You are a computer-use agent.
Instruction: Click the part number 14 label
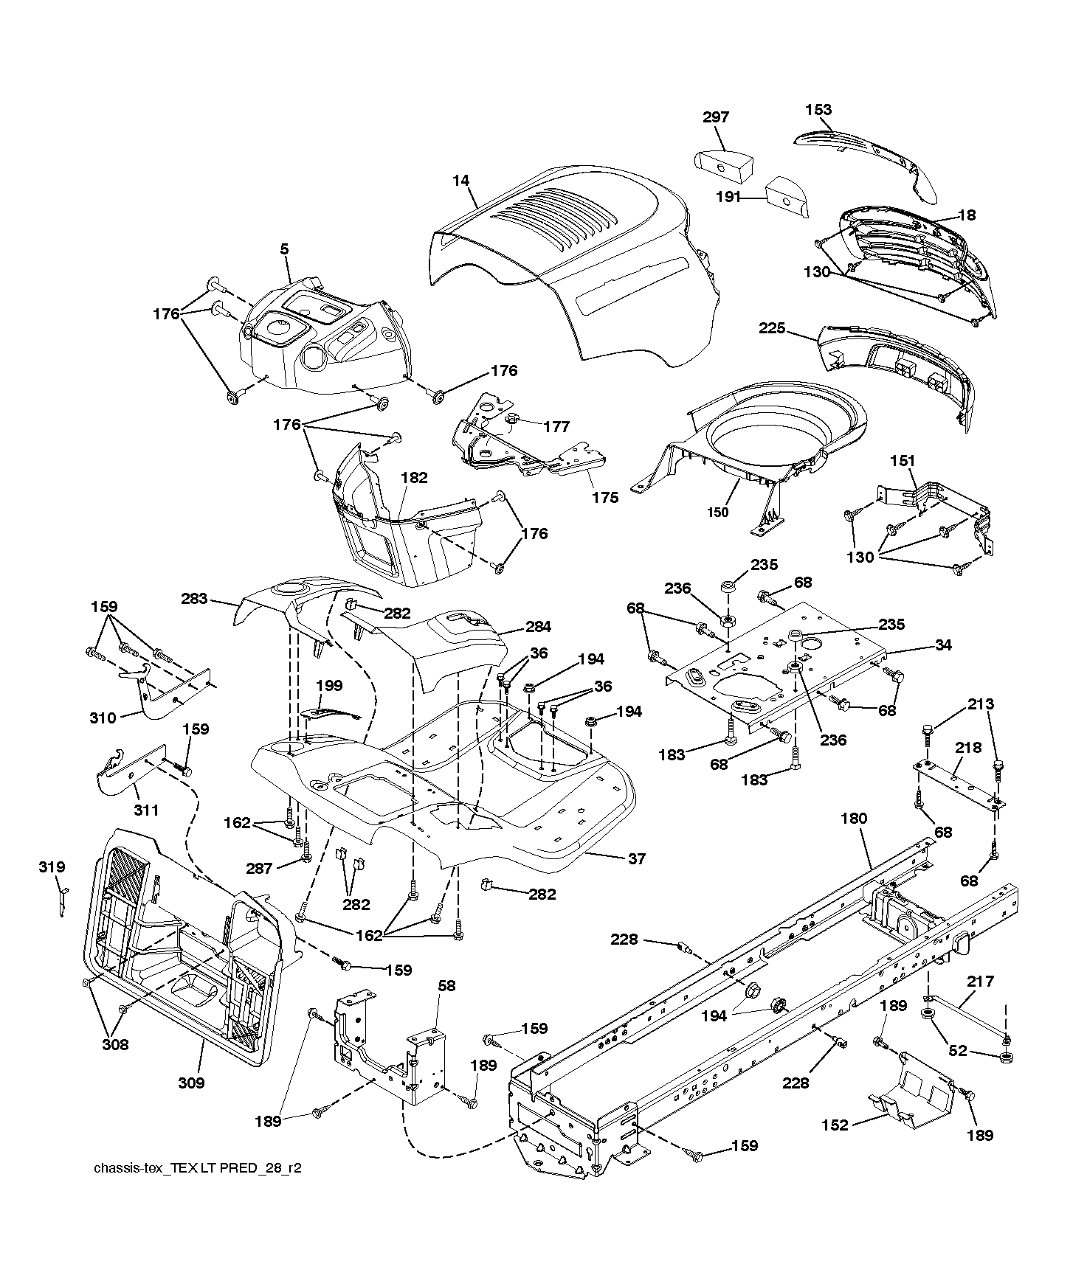[462, 181]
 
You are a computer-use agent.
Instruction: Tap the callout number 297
[716, 117]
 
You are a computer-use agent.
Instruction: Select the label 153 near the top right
[818, 109]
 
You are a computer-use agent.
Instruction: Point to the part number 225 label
[773, 328]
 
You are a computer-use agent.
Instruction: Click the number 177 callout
[556, 426]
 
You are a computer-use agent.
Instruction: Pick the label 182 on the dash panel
[414, 477]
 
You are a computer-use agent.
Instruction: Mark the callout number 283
[194, 599]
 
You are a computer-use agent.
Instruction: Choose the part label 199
[329, 685]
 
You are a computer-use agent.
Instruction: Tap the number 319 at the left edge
[52, 867]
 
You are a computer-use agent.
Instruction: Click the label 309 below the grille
[191, 1083]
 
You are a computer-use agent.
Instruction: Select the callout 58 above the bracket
[446, 985]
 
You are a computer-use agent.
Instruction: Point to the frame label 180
[853, 818]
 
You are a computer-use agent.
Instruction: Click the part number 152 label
[835, 1125]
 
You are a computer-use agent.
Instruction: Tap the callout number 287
[260, 869]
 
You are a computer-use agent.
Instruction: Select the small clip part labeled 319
[63, 899]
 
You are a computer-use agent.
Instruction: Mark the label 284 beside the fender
[538, 627]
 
